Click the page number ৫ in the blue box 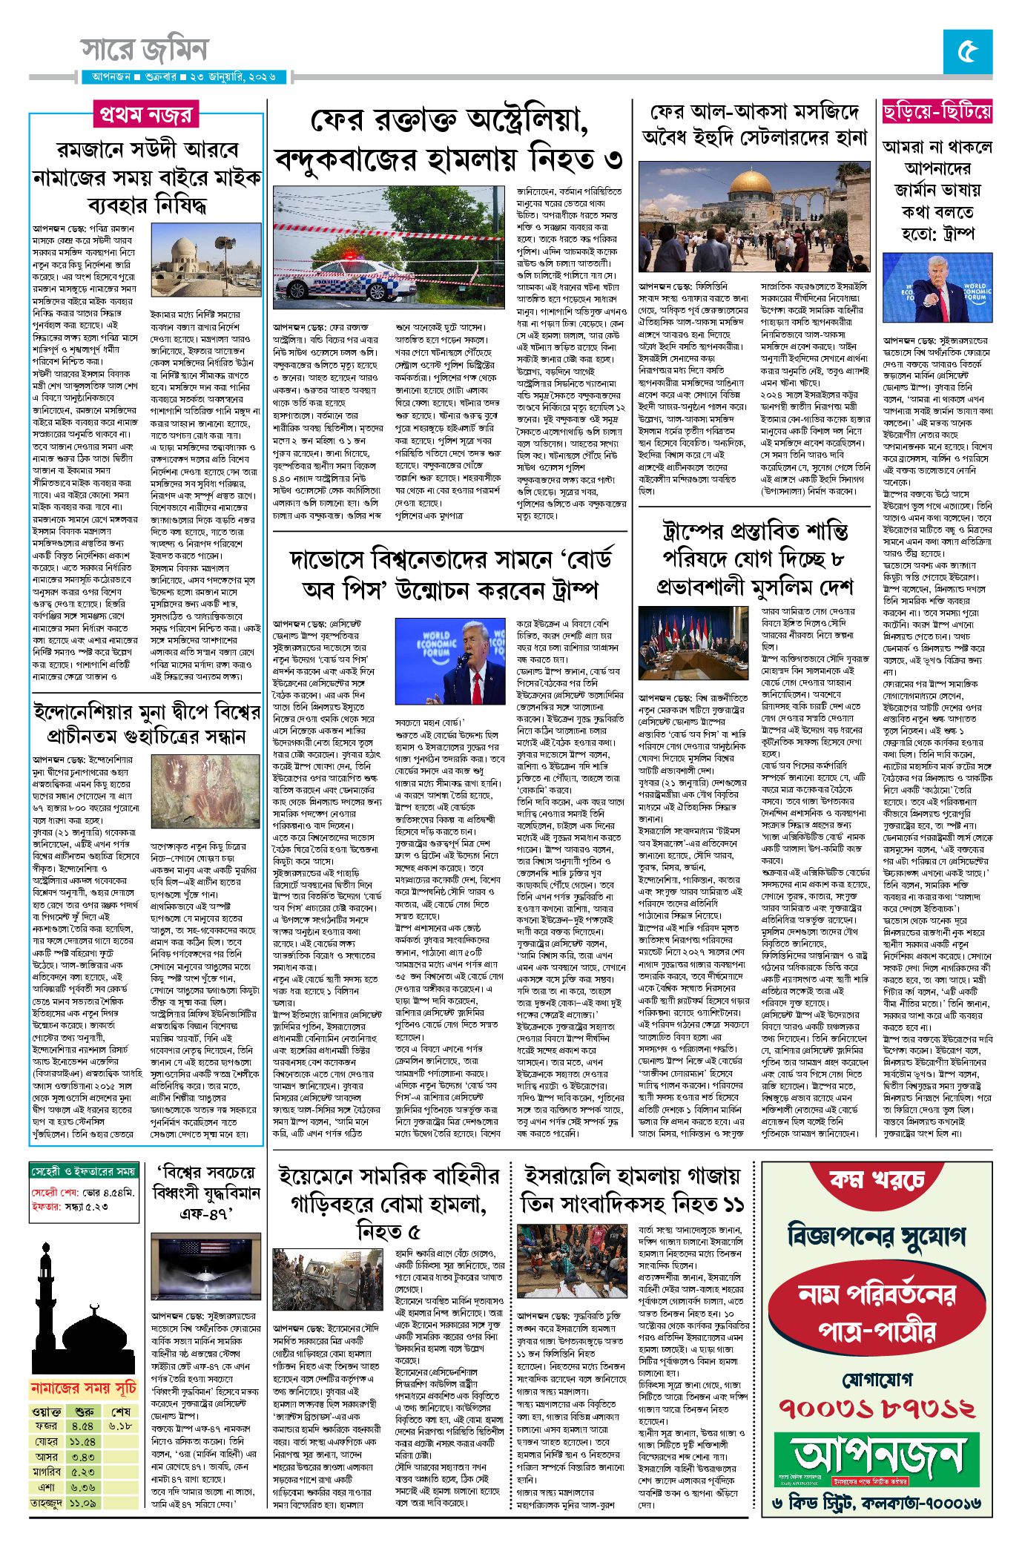968,51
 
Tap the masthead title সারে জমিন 145,50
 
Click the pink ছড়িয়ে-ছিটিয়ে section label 937,112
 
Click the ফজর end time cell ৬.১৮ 120,1425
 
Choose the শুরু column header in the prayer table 84,1410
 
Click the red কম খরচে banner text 877,1179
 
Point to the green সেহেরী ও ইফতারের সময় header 84,1170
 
